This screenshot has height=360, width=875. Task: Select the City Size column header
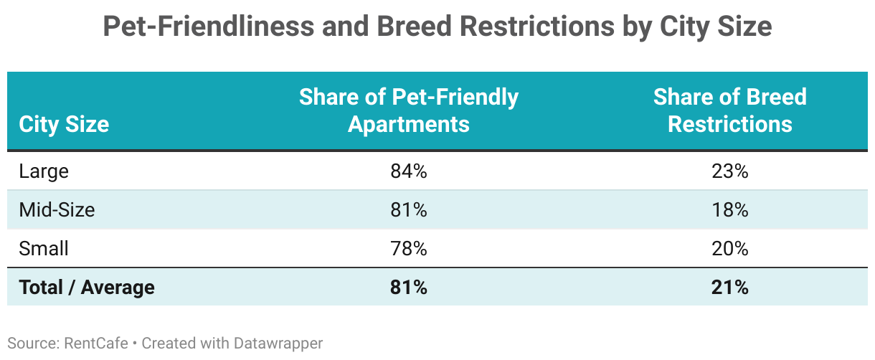click(64, 124)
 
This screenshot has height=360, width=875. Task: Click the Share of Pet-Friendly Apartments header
click(408, 110)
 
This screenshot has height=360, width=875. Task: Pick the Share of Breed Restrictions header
click(729, 110)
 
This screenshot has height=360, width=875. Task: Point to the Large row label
click(44, 171)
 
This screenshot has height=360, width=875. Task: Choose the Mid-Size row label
click(57, 210)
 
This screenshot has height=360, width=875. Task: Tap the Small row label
click(44, 249)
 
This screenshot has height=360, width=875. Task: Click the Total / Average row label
click(87, 288)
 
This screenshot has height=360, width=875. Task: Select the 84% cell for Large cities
click(408, 171)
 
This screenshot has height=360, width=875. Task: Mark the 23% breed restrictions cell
click(730, 171)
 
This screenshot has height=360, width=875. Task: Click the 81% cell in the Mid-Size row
click(408, 210)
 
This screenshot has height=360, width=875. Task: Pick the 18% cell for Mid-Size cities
click(730, 210)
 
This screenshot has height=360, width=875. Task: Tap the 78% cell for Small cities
click(408, 249)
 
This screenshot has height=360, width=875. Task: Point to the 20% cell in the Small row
click(730, 249)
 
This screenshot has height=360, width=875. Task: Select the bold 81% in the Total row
click(408, 288)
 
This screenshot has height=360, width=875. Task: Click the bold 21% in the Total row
click(730, 288)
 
